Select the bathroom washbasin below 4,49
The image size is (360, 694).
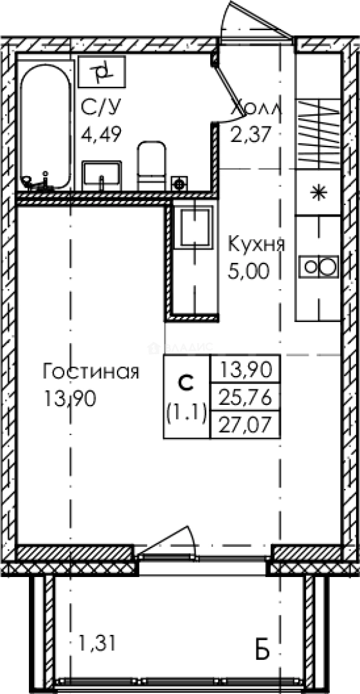pyautogui.click(x=102, y=175)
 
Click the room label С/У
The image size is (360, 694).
pyautogui.click(x=100, y=107)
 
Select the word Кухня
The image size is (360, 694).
pyautogui.click(x=256, y=244)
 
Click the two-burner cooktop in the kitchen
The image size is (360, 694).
pyautogui.click(x=318, y=266)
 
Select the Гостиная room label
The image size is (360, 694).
pyautogui.click(x=91, y=372)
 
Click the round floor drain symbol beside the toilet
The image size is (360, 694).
pyautogui.click(x=179, y=182)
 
